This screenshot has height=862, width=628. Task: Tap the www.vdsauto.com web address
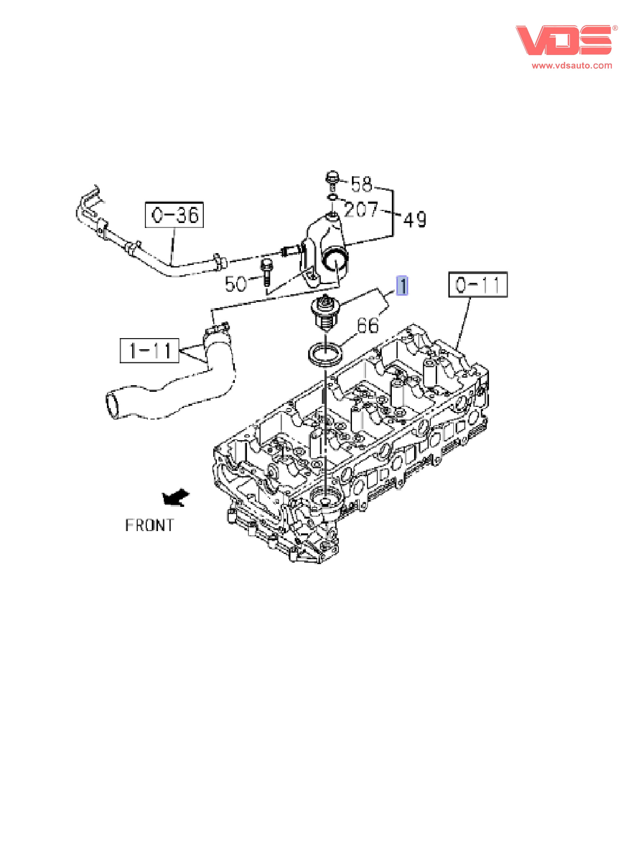[572, 65]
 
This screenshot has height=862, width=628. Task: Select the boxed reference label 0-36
[174, 215]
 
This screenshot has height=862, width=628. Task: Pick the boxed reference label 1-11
[149, 351]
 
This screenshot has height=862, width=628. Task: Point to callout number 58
[361, 184]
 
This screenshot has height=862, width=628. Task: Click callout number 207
[361, 209]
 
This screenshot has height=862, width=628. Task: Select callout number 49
[415, 220]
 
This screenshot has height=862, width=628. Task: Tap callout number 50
[236, 284]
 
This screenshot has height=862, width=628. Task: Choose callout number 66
[368, 325]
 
